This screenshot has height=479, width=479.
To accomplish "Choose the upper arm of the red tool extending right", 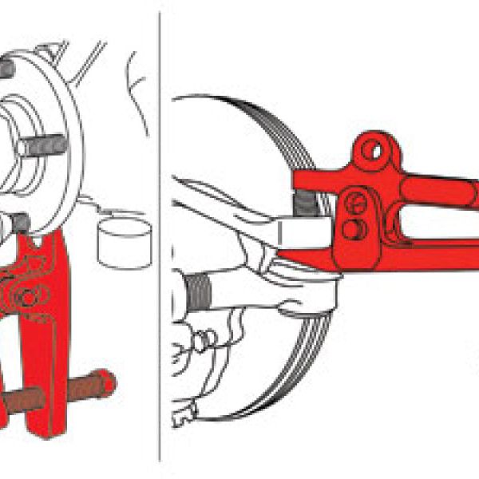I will (x=439, y=192).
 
